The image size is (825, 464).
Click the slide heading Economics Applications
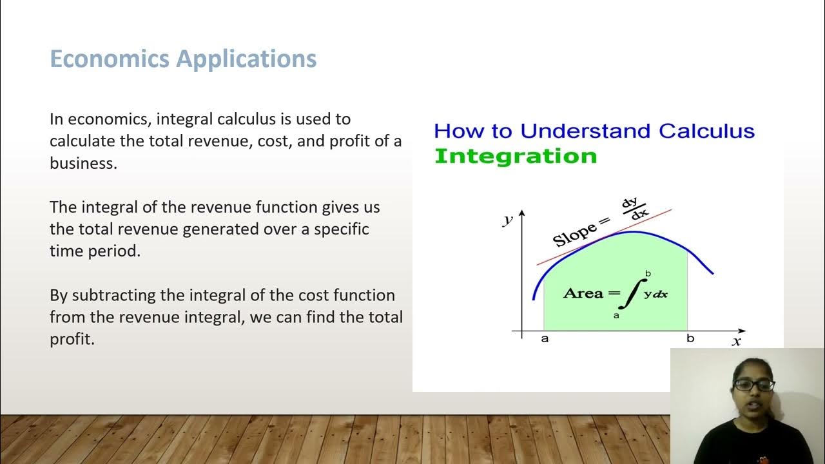click(x=183, y=59)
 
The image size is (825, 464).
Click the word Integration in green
click(x=516, y=156)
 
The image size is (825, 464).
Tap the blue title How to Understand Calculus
click(x=594, y=131)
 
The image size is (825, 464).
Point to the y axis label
click(x=508, y=220)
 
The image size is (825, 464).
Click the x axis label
click(x=736, y=342)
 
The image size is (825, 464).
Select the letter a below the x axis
click(x=545, y=339)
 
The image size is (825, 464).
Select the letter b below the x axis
click(x=690, y=339)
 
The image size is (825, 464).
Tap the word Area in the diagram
click(x=583, y=293)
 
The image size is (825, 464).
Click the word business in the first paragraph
click(x=82, y=163)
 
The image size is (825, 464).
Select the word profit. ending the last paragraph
click(x=72, y=339)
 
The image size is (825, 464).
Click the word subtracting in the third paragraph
click(x=107, y=295)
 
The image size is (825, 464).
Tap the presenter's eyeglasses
click(x=753, y=385)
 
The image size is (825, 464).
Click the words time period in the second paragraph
click(x=94, y=251)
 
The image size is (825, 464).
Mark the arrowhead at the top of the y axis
click(x=521, y=214)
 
